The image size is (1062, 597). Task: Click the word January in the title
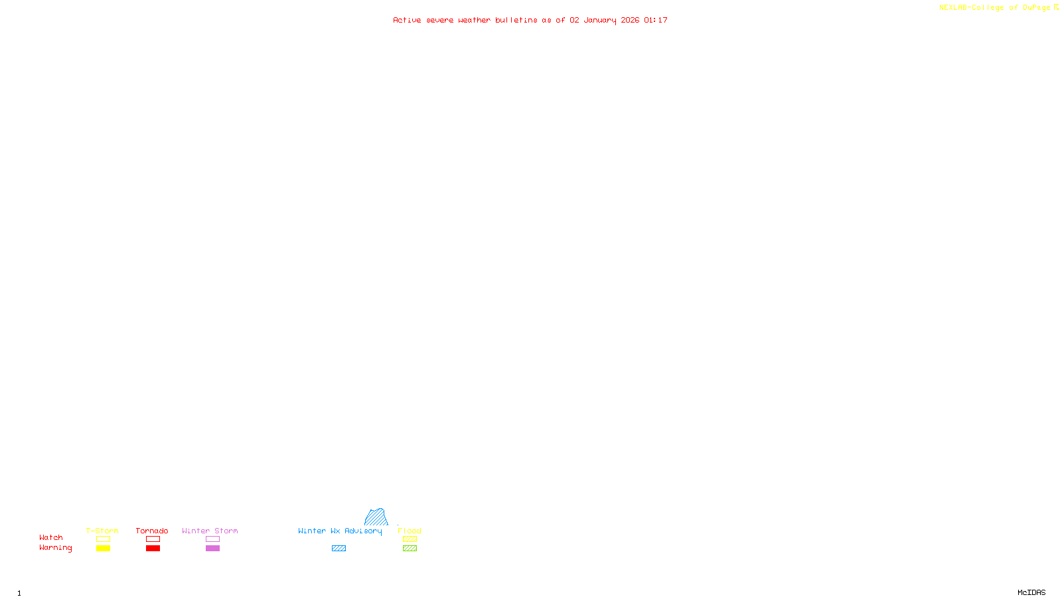tap(599, 20)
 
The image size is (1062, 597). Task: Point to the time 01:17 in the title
tap(655, 20)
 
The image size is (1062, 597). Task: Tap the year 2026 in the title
tap(630, 20)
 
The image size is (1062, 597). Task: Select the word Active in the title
tap(406, 20)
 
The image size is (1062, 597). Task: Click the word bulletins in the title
tap(516, 20)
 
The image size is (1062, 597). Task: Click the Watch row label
tap(51, 537)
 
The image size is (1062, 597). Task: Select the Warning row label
tap(55, 548)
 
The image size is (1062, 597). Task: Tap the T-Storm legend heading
tap(102, 531)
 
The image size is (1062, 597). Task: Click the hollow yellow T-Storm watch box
tap(103, 539)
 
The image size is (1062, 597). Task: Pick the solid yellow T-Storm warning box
tap(103, 549)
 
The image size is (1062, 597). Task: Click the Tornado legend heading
tap(152, 531)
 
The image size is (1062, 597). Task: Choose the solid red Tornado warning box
tap(153, 549)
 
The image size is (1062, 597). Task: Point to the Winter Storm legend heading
tap(210, 531)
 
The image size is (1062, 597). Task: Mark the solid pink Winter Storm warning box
tap(212, 549)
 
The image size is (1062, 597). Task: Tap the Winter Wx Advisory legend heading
tap(340, 531)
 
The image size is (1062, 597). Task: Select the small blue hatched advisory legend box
tap(339, 549)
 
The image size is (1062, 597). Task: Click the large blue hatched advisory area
tap(376, 517)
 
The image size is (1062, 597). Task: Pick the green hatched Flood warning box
tap(410, 549)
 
